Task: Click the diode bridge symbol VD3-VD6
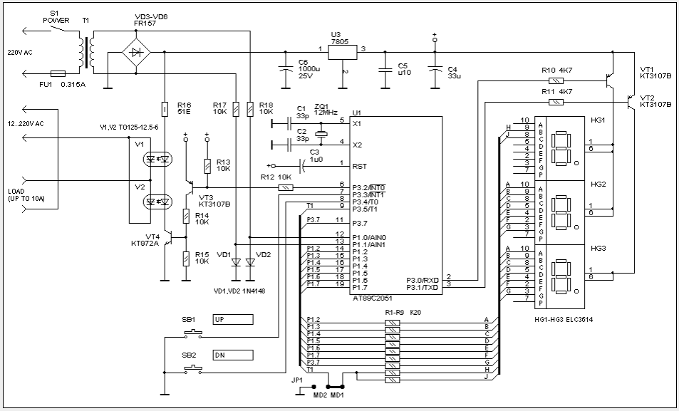coord(136,53)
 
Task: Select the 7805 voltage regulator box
coord(342,53)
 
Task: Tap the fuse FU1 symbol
coord(58,73)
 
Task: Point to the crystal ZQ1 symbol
coord(321,134)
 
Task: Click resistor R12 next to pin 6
coord(286,187)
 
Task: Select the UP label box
coord(233,320)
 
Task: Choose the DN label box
coord(233,355)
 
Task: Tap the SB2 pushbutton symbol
coord(192,370)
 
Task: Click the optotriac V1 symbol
coord(157,160)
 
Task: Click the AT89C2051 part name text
coord(372,299)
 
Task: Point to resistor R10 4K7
coord(556,80)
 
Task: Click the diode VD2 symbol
coord(250,262)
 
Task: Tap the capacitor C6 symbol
coord(285,70)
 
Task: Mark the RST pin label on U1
coord(360,166)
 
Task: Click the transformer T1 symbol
coord(87,53)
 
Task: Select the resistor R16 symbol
coord(165,110)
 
